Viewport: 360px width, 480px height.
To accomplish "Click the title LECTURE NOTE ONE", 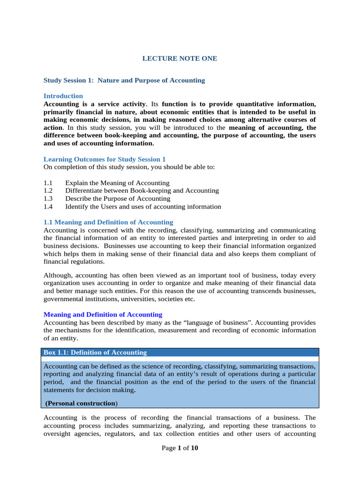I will pyautogui.click(x=180, y=59).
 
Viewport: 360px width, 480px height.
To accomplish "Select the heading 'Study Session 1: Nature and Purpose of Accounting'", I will pyautogui.click(x=124, y=80).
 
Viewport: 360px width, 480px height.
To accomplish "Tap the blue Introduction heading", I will pyautogui.click(x=63, y=96).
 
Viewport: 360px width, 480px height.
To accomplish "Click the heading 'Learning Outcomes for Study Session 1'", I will pyautogui.click(x=105, y=159).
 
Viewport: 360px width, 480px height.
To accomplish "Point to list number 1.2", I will pyautogui.click(x=48, y=191).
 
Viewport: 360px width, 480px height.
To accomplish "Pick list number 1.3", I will pyautogui.click(x=48, y=199).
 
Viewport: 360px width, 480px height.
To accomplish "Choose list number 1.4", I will pyautogui.click(x=48, y=207).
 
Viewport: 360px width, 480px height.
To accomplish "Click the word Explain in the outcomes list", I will pyautogui.click(x=76, y=183).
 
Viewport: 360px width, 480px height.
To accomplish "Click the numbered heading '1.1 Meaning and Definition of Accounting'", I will pyautogui.click(x=108, y=222).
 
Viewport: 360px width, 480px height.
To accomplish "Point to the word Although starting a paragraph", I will pyautogui.click(x=58, y=275).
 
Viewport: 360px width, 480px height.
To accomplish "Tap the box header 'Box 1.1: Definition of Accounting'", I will pyautogui.click(x=95, y=352).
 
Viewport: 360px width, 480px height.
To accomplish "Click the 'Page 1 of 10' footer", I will pyautogui.click(x=180, y=448).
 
